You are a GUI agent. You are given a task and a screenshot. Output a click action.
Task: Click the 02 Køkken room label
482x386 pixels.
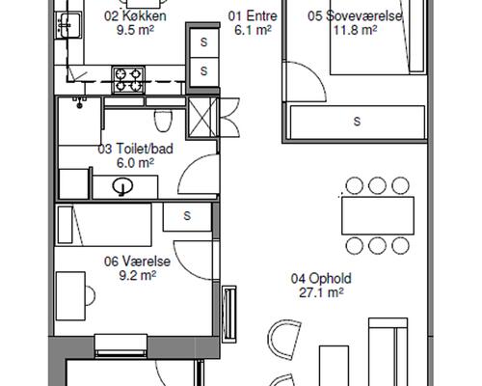(135, 15)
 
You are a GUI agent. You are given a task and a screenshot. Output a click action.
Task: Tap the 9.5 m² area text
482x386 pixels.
(135, 30)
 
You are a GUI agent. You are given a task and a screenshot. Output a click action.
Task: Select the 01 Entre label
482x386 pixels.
(253, 15)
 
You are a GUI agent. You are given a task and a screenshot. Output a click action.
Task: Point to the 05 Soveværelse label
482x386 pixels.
(355, 15)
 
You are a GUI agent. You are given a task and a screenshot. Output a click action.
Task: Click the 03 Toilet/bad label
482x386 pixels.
(135, 149)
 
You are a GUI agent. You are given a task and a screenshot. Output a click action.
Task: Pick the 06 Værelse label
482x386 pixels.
(137, 262)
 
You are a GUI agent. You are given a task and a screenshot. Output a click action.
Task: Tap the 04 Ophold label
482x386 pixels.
(321, 279)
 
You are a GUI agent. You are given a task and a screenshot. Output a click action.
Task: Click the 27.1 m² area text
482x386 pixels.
(321, 292)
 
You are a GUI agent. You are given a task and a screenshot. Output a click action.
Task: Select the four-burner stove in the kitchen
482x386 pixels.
(128, 80)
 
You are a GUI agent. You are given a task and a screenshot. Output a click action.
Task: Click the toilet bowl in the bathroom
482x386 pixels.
(163, 121)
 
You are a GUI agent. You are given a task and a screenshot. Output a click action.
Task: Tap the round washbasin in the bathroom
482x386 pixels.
(122, 186)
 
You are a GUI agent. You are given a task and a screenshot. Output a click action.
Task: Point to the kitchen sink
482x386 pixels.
(68, 25)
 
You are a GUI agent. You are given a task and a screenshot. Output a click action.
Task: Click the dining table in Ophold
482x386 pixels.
(378, 216)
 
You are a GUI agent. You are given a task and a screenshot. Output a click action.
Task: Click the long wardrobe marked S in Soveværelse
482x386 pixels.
(357, 123)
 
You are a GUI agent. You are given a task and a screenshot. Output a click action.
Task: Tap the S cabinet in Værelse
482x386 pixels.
(187, 217)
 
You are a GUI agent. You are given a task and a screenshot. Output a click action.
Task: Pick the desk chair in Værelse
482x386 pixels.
(91, 295)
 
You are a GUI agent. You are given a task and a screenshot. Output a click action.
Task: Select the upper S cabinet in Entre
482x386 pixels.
(203, 42)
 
